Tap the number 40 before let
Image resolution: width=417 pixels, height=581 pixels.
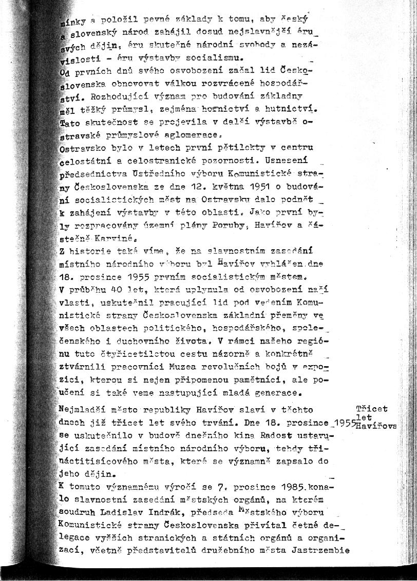122,290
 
